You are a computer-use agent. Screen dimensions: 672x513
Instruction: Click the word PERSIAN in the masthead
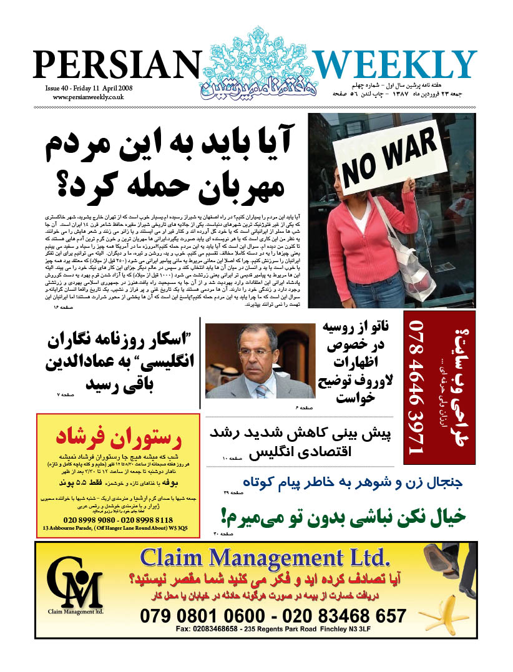point(115,66)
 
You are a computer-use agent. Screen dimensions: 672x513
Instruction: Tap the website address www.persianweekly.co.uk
point(88,97)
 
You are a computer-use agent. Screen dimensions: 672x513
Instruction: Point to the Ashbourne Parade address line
point(115,528)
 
